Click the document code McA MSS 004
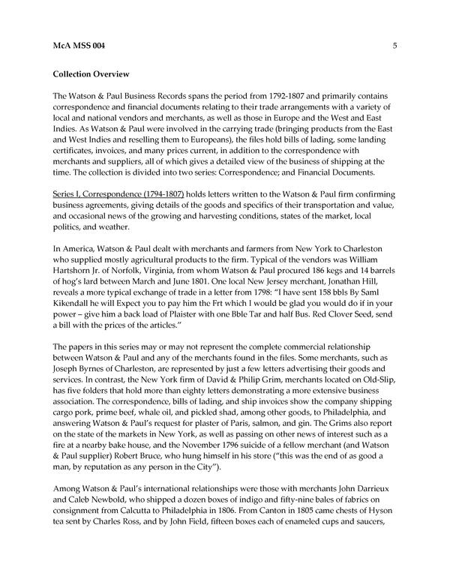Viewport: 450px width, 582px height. click(79, 46)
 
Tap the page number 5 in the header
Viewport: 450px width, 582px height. click(394, 46)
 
